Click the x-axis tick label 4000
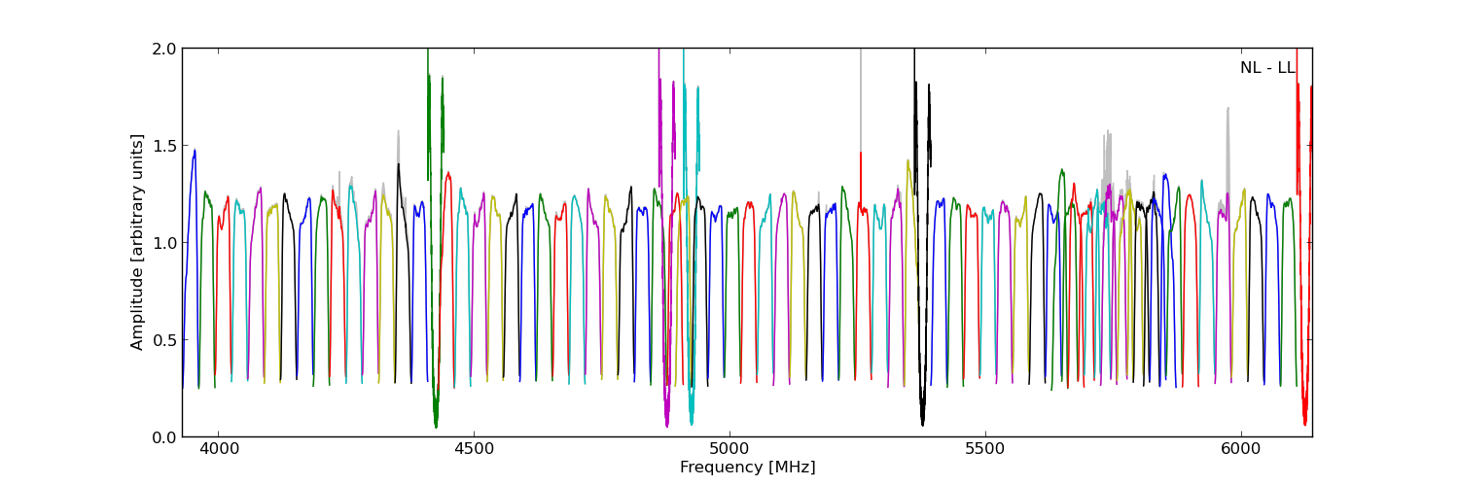tap(218, 450)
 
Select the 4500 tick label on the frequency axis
tap(474, 450)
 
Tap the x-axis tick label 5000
tap(729, 450)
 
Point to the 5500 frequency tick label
tap(985, 450)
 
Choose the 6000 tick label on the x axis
tap(1241, 450)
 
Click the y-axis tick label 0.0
tap(164, 437)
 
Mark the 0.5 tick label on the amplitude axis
tap(164, 340)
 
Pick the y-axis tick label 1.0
tap(164, 243)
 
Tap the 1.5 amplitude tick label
tap(164, 146)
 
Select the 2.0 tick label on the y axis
tap(164, 49)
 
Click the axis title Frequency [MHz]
tap(747, 468)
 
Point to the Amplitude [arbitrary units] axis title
tap(138, 242)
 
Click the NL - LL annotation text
tap(1266, 68)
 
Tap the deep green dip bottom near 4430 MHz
tap(436, 426)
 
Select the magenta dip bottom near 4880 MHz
tap(666, 425)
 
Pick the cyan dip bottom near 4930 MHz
tap(692, 423)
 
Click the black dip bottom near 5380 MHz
tap(922, 424)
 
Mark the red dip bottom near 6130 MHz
tap(1305, 424)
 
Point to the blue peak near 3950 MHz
tap(195, 151)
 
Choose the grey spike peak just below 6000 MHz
tap(1228, 108)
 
